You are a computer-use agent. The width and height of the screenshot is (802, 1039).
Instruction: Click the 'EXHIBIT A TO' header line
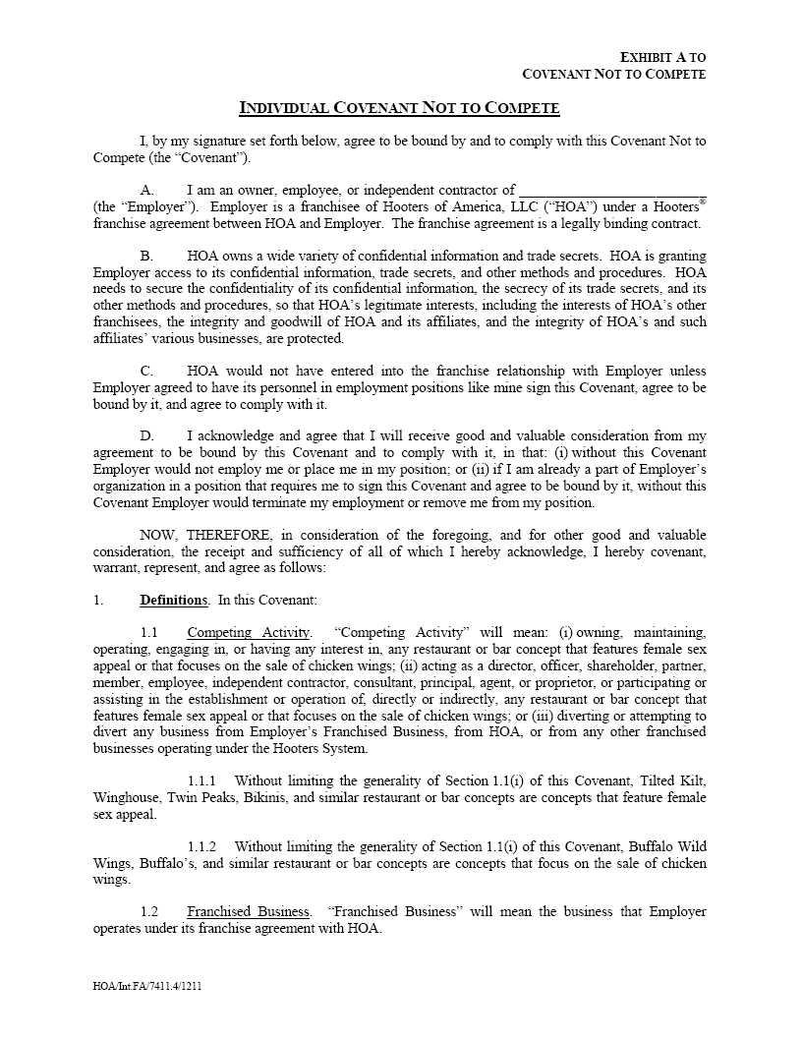[663, 58]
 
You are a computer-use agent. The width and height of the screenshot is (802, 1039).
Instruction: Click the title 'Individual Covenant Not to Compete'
[400, 107]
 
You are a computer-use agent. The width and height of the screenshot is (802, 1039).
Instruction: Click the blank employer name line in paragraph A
[611, 191]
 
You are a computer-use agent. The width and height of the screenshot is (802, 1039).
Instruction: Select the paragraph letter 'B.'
[146, 256]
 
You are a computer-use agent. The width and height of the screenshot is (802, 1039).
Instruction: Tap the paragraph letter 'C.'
[146, 372]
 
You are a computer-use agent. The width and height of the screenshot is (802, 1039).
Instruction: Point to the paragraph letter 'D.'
[146, 435]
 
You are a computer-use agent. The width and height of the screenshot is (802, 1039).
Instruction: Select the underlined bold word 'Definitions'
[173, 600]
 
